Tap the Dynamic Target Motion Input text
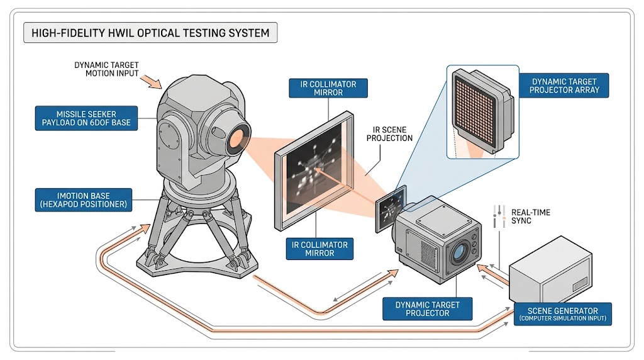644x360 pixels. pos(107,69)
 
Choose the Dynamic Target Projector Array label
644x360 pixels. pos(565,85)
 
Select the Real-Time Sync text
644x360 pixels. pos(531,217)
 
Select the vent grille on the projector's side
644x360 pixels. pos(428,255)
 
